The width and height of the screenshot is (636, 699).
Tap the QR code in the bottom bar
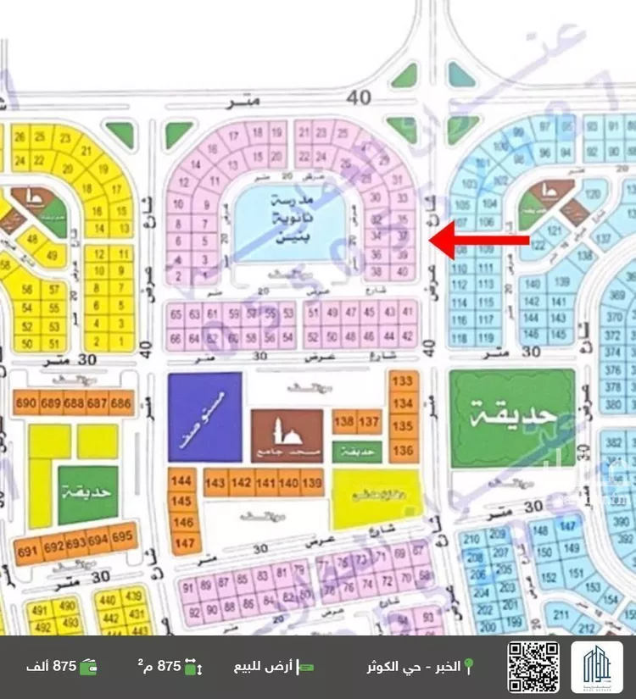point(533,667)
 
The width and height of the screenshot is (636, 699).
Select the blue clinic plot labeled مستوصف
point(204,416)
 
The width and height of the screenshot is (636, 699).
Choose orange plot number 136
point(404,449)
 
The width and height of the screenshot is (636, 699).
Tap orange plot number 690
point(25,403)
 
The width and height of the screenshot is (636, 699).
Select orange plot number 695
point(122,537)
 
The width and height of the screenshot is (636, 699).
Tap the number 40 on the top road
point(359,98)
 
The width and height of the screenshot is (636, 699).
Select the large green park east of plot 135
point(511,418)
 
